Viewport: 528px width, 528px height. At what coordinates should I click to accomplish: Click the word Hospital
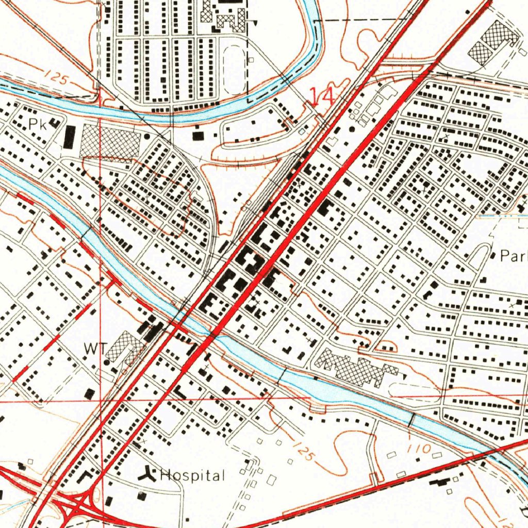192,475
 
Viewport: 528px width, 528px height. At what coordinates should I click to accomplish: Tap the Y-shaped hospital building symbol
150,473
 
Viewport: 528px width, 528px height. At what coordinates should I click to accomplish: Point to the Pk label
37,124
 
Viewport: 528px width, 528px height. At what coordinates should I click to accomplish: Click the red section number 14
322,96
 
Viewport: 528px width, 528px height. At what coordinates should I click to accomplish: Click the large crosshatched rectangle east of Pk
110,140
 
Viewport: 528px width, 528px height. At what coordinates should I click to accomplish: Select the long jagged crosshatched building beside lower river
356,367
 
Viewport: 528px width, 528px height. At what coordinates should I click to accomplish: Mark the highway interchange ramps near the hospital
77,502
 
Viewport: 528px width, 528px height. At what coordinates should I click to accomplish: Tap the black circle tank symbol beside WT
107,362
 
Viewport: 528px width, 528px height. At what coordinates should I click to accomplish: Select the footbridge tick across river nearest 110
411,420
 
